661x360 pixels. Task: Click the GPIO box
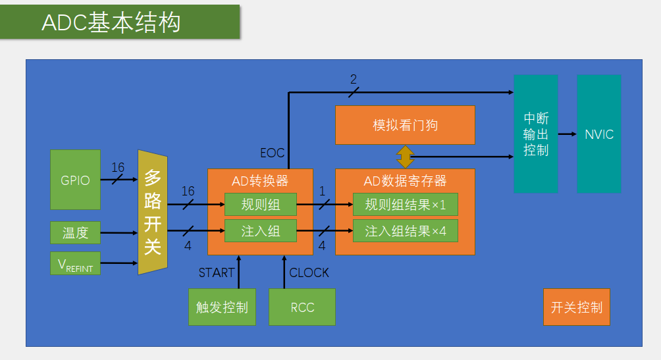(x=75, y=180)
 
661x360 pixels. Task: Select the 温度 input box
(x=75, y=232)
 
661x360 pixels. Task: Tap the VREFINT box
(x=75, y=263)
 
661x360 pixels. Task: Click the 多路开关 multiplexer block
(x=153, y=212)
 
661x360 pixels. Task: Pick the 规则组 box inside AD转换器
(x=261, y=205)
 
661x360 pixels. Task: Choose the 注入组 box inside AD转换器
(x=261, y=231)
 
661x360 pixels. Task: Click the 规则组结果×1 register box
(x=405, y=205)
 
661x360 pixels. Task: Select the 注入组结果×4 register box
(x=405, y=231)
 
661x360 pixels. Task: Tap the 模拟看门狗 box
(x=405, y=125)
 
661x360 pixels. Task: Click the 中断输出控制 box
(x=536, y=134)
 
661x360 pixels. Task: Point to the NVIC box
(x=599, y=134)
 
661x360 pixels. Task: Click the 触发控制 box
(x=222, y=307)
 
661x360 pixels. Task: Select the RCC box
(x=302, y=307)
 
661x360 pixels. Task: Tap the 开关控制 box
(x=577, y=307)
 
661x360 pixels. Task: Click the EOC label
(x=273, y=153)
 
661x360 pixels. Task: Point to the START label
(x=217, y=272)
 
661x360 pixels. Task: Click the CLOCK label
(x=309, y=272)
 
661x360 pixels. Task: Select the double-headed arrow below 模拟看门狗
(x=405, y=157)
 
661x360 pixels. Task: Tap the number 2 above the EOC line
(x=354, y=80)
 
